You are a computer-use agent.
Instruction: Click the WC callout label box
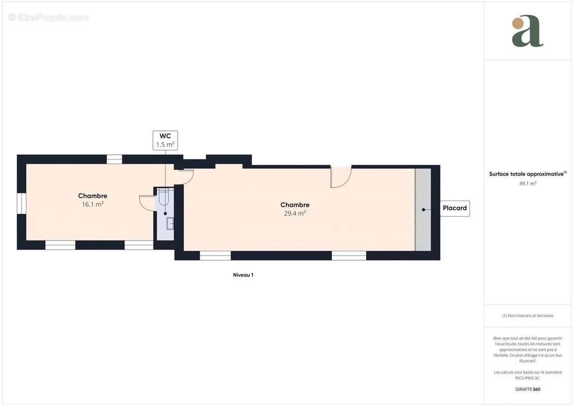[165, 140]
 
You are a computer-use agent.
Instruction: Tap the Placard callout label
[455, 209]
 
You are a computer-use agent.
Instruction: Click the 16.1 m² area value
[92, 204]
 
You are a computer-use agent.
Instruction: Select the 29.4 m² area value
[295, 214]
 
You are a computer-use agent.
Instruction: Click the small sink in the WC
[170, 223]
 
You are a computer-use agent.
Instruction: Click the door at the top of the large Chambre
[340, 177]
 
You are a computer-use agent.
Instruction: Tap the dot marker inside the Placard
[423, 209]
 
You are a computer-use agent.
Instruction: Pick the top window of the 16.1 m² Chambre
[114, 159]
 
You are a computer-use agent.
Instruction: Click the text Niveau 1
[243, 275]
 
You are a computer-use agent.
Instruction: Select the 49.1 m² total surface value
[527, 183]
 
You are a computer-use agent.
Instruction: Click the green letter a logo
[527, 31]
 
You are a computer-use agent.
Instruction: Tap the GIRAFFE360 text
[527, 389]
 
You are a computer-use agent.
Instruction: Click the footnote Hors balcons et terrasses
[528, 316]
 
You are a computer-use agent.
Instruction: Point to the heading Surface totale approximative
[526, 174]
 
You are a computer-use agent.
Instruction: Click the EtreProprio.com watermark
[49, 17]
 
